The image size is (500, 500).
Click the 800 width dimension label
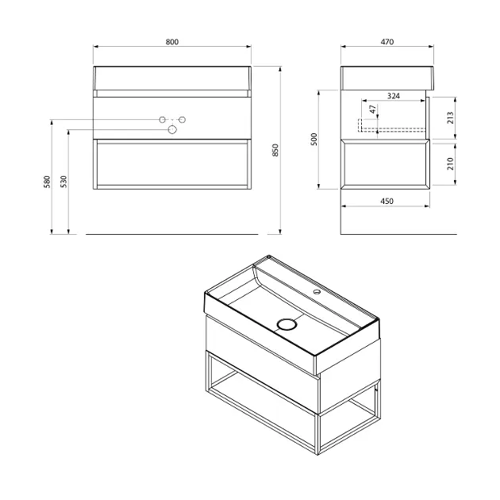(x=172, y=42)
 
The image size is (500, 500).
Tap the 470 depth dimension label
(x=387, y=42)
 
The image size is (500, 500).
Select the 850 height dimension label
(x=275, y=150)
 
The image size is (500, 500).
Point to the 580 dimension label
(x=47, y=182)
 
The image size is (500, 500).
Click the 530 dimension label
(x=63, y=182)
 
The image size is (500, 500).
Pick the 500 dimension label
(x=314, y=140)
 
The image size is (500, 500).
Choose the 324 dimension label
(x=394, y=96)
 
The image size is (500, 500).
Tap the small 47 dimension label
(x=372, y=110)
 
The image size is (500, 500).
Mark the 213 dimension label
(x=450, y=117)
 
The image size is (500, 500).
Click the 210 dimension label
(x=450, y=163)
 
